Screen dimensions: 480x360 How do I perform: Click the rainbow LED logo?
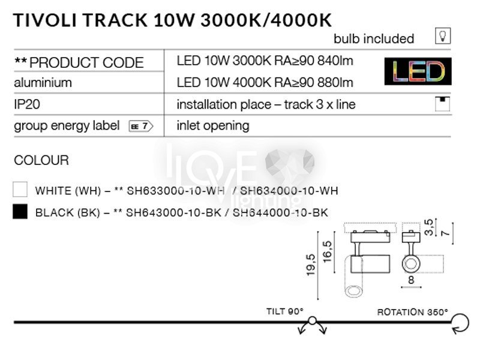[418, 71]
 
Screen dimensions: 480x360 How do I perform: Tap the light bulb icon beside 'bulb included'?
[443, 36]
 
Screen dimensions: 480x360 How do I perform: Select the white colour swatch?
[20, 189]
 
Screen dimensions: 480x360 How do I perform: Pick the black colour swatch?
[20, 212]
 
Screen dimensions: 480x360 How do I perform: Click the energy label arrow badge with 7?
[141, 126]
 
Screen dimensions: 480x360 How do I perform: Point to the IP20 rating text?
[27, 104]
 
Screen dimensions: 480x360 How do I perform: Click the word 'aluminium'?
[43, 83]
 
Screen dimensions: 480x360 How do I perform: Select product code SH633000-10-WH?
[175, 191]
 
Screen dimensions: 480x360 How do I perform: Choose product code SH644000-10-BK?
[280, 212]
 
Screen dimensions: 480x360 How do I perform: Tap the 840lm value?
[335, 61]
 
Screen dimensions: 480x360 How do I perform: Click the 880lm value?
[335, 83]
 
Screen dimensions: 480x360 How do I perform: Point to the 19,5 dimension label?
[310, 265]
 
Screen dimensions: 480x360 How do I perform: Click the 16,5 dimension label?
[327, 251]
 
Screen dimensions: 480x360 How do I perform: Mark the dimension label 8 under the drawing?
[411, 280]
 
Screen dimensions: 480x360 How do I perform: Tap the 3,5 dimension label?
[429, 227]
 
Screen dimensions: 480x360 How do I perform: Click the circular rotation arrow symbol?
[461, 323]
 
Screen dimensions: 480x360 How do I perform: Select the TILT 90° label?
[284, 311]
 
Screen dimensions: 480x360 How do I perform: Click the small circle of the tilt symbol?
[312, 320]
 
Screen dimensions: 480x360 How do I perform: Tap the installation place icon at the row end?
[442, 104]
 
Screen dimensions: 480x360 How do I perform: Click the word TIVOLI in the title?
[46, 20]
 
